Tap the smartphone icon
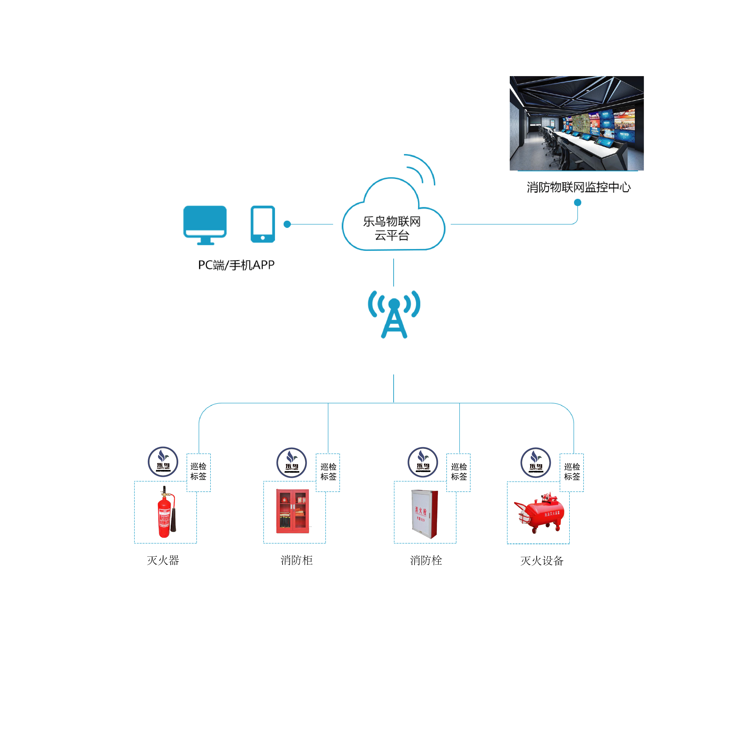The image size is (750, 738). point(263,224)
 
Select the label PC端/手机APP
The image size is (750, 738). point(236,265)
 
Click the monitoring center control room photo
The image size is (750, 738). point(577,123)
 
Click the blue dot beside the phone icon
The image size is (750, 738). point(287,224)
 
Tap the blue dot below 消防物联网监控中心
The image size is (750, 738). point(577,202)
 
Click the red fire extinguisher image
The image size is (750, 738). point(166,512)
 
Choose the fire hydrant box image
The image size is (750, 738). point(424,514)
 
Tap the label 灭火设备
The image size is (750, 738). point(542,561)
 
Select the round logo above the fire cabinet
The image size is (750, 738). point(291,462)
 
